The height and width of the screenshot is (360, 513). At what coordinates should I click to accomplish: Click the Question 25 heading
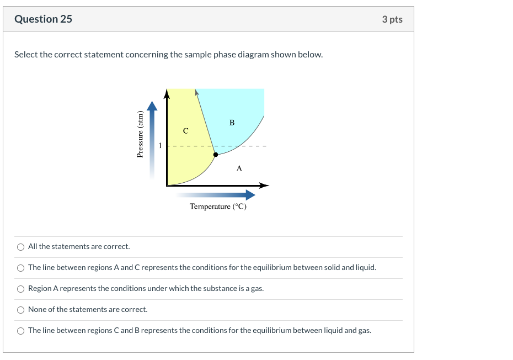(43, 19)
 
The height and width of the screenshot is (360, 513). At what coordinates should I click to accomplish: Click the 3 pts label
(392, 19)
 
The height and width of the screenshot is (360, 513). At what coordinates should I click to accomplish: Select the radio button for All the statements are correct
(20, 247)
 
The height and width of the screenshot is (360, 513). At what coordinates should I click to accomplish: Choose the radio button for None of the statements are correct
(20, 310)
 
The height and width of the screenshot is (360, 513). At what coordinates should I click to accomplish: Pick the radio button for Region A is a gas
(20, 289)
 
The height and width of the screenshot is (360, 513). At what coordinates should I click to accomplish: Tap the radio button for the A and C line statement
(20, 268)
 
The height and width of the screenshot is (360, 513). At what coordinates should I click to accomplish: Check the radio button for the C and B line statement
(20, 331)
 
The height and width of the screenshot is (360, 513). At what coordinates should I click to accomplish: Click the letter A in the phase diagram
(239, 168)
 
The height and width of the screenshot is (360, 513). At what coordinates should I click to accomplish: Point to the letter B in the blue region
(232, 123)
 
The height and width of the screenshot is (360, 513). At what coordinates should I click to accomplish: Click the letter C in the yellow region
(185, 131)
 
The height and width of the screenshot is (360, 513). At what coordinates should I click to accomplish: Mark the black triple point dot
(215, 155)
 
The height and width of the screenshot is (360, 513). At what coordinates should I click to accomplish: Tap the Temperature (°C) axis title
(218, 207)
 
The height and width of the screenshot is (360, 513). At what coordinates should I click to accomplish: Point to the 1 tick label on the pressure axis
(161, 146)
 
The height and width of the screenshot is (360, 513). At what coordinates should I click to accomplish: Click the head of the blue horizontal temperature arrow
(250, 194)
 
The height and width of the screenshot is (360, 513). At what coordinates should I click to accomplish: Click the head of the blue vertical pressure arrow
(152, 105)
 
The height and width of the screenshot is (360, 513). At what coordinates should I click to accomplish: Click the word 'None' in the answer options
(38, 310)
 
